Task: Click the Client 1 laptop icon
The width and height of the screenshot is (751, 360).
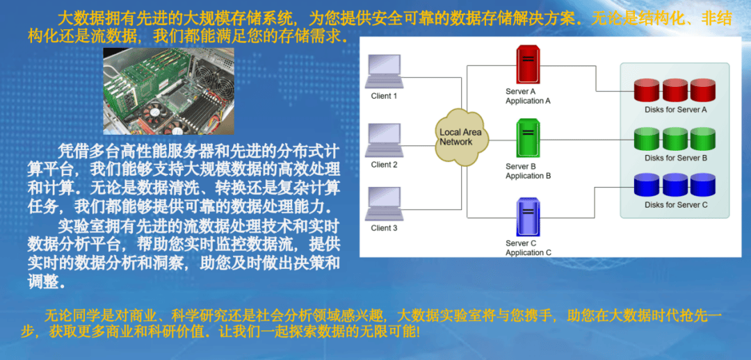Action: click(384, 72)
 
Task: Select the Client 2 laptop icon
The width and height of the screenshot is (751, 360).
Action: click(384, 140)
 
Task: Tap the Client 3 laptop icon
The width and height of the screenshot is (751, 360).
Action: click(384, 204)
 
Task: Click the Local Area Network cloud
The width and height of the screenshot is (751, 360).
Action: click(462, 138)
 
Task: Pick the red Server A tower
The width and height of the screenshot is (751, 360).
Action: click(528, 65)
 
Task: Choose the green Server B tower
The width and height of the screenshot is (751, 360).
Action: click(528, 138)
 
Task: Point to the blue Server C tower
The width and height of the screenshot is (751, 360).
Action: click(528, 216)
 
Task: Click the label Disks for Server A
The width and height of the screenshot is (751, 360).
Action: click(676, 110)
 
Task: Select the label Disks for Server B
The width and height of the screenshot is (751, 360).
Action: click(676, 158)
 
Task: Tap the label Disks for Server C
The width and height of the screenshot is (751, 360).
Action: click(676, 205)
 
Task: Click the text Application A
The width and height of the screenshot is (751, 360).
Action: click(528, 101)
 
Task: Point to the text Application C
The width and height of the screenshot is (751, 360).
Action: click(528, 252)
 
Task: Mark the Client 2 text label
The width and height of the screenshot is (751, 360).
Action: click(384, 165)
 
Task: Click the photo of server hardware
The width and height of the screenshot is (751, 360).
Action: click(168, 90)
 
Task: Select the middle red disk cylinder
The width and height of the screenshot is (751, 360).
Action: click(675, 90)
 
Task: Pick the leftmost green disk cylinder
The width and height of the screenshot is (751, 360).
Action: click(646, 138)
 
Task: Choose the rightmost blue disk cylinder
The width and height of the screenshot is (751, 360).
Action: click(702, 186)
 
